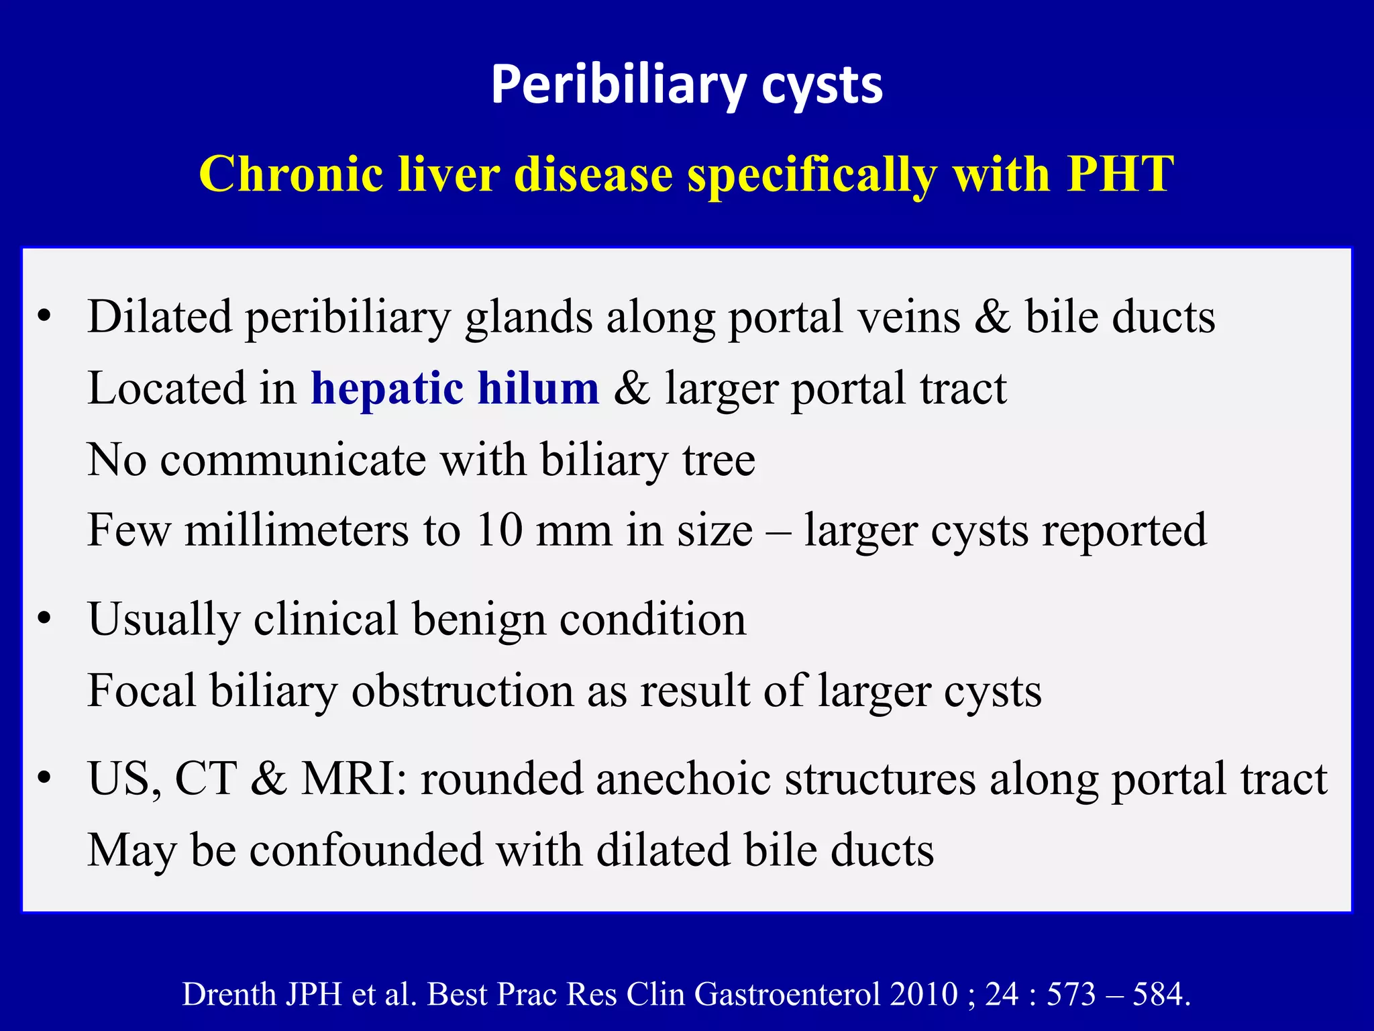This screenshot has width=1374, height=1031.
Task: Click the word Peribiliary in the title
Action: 618,86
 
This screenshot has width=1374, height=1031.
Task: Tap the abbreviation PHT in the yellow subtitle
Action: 1120,174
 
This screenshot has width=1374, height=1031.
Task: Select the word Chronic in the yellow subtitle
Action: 291,174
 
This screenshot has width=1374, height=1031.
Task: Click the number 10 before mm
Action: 499,530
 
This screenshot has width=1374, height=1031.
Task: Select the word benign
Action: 479,619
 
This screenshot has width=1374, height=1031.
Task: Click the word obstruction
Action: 462,691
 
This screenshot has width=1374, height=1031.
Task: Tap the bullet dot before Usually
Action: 44,619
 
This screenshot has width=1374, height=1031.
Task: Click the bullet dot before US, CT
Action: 44,779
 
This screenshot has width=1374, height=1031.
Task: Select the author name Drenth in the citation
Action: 227,994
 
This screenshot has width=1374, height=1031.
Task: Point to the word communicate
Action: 293,460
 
